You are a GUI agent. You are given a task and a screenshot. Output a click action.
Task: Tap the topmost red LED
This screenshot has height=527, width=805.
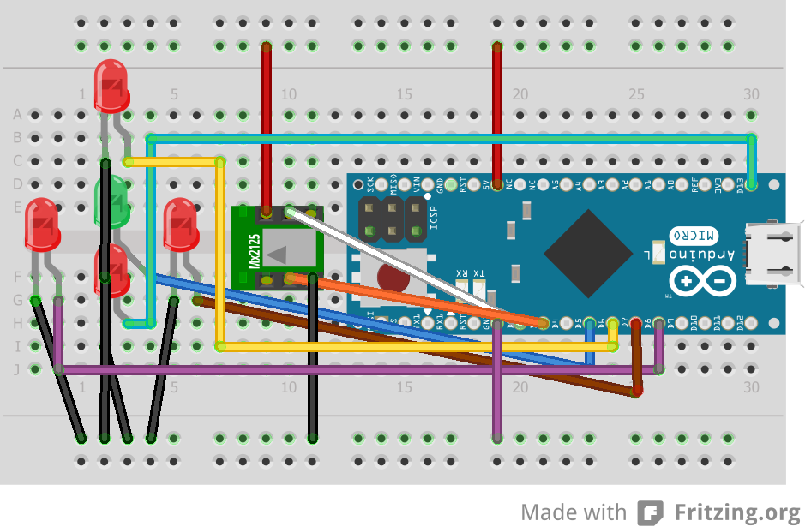pyautogui.click(x=111, y=84)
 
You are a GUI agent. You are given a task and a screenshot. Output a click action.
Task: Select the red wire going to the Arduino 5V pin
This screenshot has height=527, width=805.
pyautogui.click(x=496, y=111)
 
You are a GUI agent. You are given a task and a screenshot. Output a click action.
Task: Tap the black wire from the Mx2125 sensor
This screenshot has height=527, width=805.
pyautogui.click(x=313, y=360)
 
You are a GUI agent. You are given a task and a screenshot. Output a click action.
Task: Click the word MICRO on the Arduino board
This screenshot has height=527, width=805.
pyautogui.click(x=693, y=234)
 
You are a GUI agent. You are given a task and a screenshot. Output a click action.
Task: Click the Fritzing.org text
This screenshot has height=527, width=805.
pyautogui.click(x=736, y=512)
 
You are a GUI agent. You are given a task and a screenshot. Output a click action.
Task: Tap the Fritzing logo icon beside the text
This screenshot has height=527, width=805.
pyautogui.click(x=651, y=512)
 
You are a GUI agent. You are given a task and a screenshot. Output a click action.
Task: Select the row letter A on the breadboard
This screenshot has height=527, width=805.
pyautogui.click(x=16, y=115)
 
